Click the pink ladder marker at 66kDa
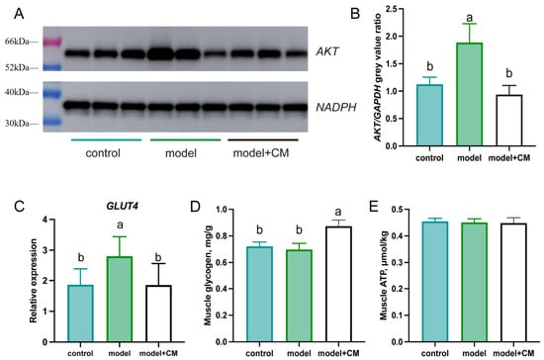pos(52,42)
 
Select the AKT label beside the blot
pos(327,51)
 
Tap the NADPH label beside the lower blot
pos(336,107)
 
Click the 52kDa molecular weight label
pos(17,67)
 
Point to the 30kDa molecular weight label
pos(17,124)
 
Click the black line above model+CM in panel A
pos(263,140)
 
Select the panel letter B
pos(355,14)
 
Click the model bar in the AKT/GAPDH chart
pos(469,94)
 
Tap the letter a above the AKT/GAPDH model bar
pos(470,17)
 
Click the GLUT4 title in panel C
pos(122,206)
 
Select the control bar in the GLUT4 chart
pos(80,314)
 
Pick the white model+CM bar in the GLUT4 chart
pos(158,314)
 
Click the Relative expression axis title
pos(34,281)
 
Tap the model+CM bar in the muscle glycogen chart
pos(338,285)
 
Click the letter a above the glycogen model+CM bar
pos(338,212)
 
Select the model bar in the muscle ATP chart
pos(474,283)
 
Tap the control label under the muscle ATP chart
pos(435,353)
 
